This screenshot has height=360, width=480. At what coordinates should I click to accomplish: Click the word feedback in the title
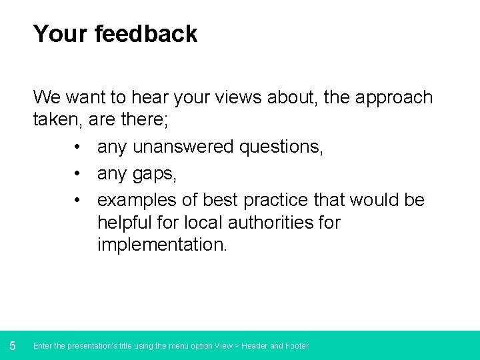(x=146, y=34)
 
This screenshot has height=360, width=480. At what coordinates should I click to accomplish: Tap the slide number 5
(x=13, y=345)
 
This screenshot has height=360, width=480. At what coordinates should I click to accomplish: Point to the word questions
(x=284, y=147)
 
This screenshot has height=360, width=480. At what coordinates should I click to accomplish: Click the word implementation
(x=162, y=245)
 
